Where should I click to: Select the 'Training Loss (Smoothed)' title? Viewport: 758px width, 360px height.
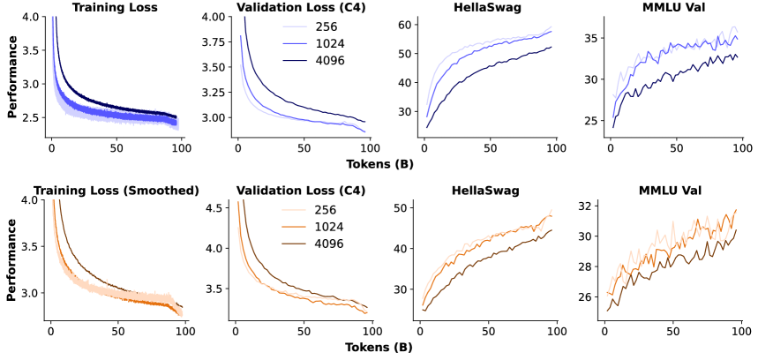tap(116, 191)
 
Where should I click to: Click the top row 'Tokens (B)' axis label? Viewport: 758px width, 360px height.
tap(379, 163)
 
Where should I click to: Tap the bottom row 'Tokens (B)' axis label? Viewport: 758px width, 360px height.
tap(379, 347)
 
